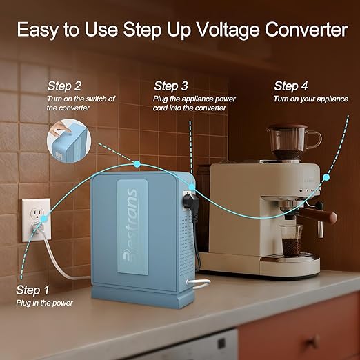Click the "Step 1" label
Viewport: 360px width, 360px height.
point(34,290)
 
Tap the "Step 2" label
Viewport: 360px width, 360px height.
point(64,86)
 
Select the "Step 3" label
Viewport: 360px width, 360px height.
point(171,86)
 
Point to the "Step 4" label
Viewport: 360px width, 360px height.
point(291,86)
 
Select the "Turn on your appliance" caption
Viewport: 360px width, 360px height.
point(310,99)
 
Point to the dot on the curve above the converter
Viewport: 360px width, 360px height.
point(137,163)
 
